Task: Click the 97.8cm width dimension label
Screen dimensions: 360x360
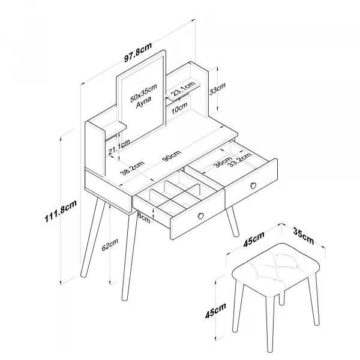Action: pyautogui.click(x=138, y=52)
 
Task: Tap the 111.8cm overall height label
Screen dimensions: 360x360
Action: pyautogui.click(x=61, y=211)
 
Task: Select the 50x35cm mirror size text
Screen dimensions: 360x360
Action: pyautogui.click(x=143, y=93)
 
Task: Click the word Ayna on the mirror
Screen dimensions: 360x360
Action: pyautogui.click(x=143, y=102)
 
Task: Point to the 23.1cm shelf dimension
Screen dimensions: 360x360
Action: pyautogui.click(x=184, y=89)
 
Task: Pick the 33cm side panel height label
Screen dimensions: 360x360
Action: pyautogui.click(x=217, y=88)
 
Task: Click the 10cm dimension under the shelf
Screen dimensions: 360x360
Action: pyautogui.click(x=179, y=108)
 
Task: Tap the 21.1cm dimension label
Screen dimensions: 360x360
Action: pyautogui.click(x=119, y=147)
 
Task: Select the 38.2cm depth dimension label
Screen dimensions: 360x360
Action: pyautogui.click(x=133, y=168)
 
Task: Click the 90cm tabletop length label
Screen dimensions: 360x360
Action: pyautogui.click(x=172, y=155)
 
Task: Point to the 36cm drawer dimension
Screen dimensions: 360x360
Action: pyautogui.click(x=223, y=161)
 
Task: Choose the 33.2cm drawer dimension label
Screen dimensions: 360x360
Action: pyautogui.click(x=241, y=160)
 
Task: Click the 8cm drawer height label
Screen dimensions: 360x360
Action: pyautogui.click(x=145, y=217)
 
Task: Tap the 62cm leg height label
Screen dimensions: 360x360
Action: pyautogui.click(x=110, y=245)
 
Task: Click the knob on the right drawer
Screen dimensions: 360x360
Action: pyautogui.click(x=253, y=185)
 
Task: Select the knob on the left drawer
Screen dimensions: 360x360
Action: pyautogui.click(x=200, y=215)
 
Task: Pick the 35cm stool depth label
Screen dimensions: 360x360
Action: pyautogui.click(x=303, y=236)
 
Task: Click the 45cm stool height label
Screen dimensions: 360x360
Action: pyautogui.click(x=215, y=311)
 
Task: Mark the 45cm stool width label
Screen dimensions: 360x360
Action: pyautogui.click(x=254, y=239)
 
